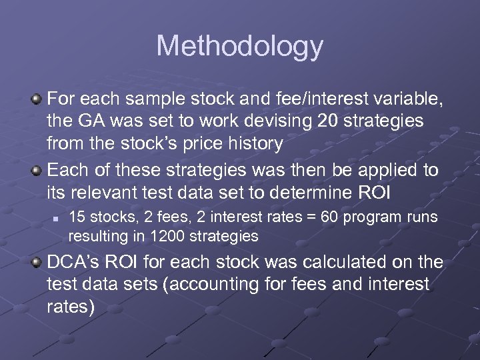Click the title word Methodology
click(239, 47)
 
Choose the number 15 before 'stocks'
click(77, 217)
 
